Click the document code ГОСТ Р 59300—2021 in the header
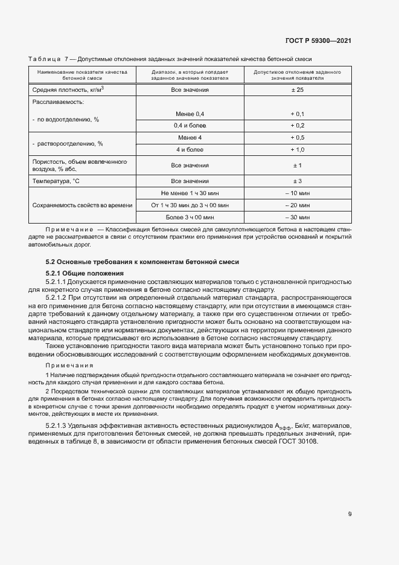(x=318, y=40)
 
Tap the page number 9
(x=350, y=514)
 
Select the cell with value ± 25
(x=297, y=89)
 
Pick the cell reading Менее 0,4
(x=190, y=114)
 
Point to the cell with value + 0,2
(x=297, y=126)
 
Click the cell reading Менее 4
(x=190, y=138)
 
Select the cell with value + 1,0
(x=297, y=149)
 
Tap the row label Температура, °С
(x=56, y=181)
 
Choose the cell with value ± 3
(x=297, y=181)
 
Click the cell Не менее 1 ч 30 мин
(x=190, y=193)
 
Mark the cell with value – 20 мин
(x=297, y=205)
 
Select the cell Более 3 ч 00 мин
(x=190, y=217)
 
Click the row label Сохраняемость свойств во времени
(x=82, y=205)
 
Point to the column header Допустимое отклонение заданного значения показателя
(x=297, y=75)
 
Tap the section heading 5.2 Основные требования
(x=142, y=262)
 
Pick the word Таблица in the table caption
(x=44, y=59)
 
